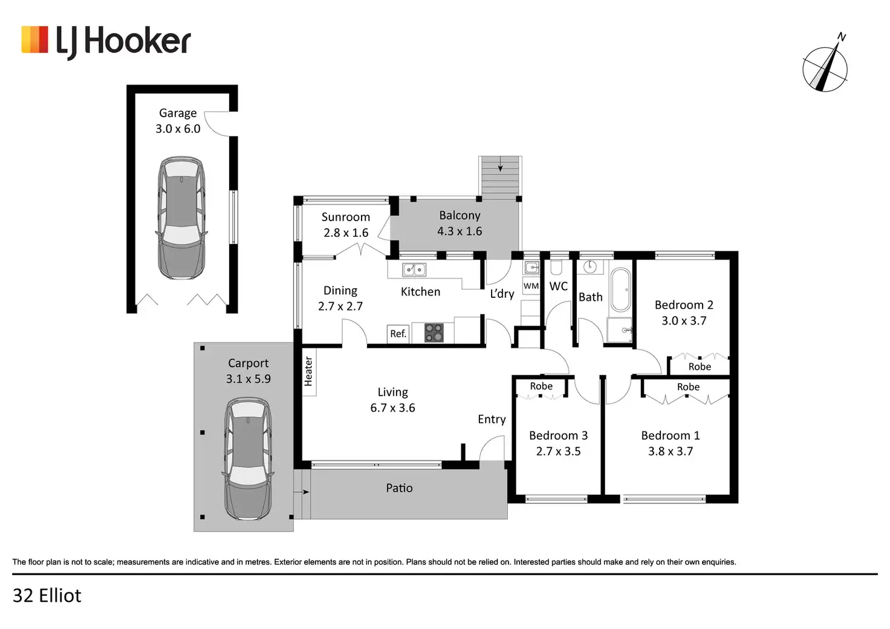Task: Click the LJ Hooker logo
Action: [106, 41]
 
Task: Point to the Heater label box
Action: [308, 371]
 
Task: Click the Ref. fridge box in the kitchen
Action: [398, 334]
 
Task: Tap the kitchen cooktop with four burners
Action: [434, 333]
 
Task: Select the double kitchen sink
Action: [414, 269]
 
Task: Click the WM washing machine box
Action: [531, 286]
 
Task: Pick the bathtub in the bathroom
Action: [620, 289]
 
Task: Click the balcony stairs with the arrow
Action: [500, 176]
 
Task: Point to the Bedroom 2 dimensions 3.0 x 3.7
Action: [684, 321]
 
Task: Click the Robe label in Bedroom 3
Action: [541, 386]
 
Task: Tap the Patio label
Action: [399, 488]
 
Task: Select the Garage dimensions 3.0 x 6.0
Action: [178, 129]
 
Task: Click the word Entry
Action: [492, 419]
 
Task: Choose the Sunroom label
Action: [345, 217]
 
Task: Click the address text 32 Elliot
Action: [47, 596]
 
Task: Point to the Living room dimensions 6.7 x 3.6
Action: [392, 408]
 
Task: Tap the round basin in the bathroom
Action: [590, 266]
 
